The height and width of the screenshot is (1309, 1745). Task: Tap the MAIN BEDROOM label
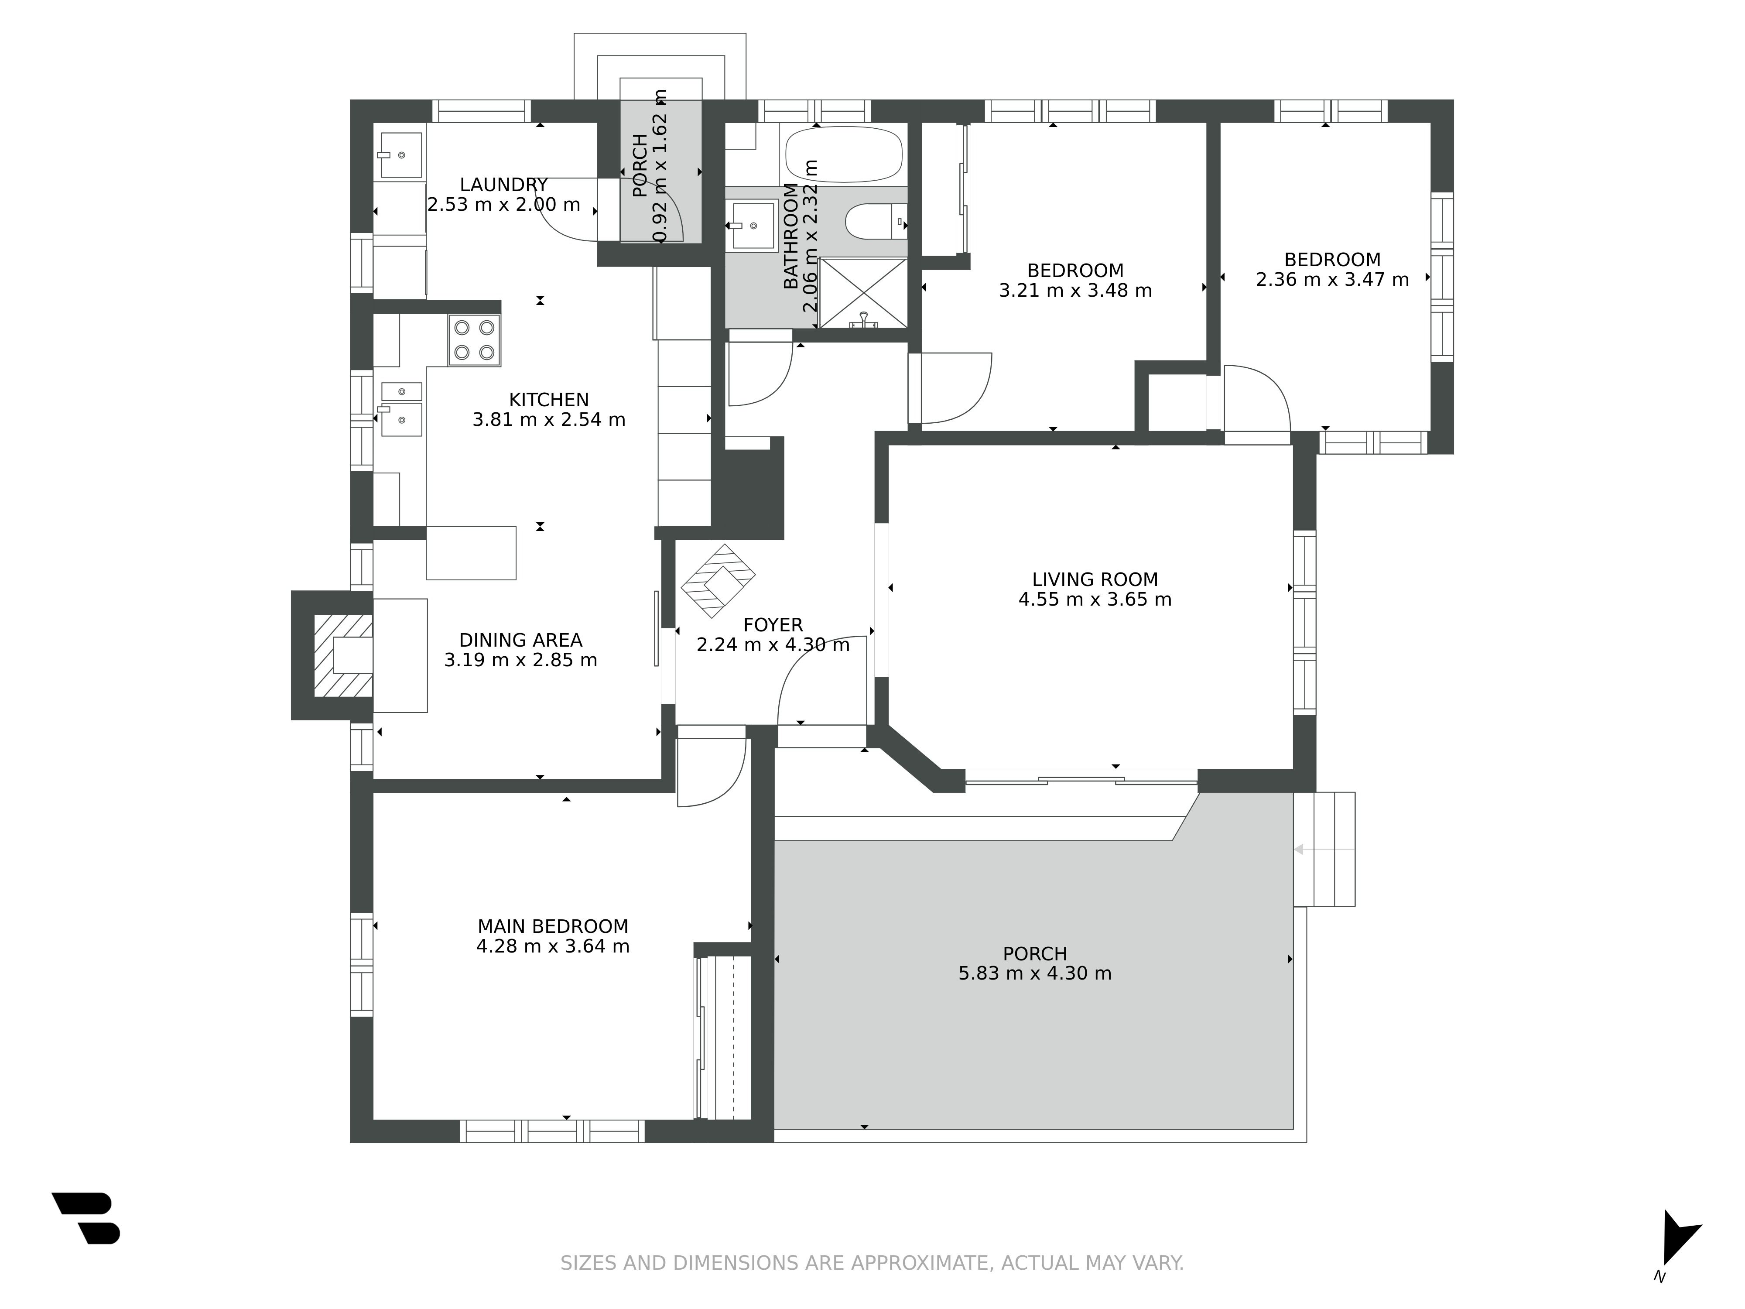(x=553, y=926)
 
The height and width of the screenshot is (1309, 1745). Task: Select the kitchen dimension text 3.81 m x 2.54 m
(x=549, y=420)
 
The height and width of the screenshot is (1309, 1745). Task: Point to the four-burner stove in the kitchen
(x=474, y=340)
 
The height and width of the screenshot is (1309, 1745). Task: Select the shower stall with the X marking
(x=863, y=293)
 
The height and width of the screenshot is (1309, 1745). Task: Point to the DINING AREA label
(x=520, y=641)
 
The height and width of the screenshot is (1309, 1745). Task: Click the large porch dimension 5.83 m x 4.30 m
(x=1035, y=973)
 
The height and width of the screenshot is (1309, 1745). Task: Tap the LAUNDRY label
(x=504, y=185)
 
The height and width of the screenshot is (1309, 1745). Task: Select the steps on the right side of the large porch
(x=1324, y=849)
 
